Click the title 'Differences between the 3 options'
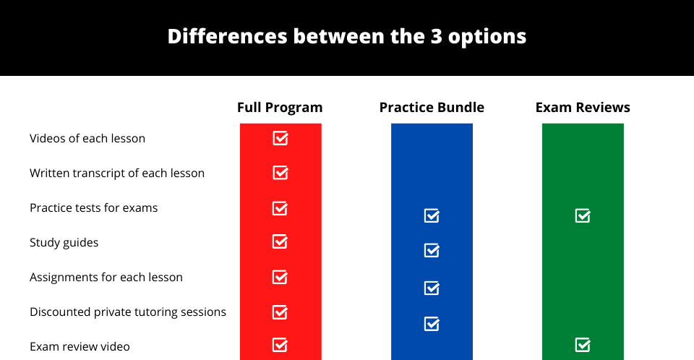click(x=347, y=36)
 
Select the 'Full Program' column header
click(x=280, y=108)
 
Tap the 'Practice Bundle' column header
click(x=432, y=107)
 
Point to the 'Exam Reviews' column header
click(x=583, y=107)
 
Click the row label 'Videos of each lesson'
click(x=87, y=138)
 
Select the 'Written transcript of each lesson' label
click(x=117, y=173)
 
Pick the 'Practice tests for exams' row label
click(x=93, y=207)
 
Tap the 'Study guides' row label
click(x=64, y=243)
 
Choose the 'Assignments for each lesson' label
click(x=106, y=277)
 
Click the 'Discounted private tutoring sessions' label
click(x=127, y=312)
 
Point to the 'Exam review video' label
click(x=80, y=346)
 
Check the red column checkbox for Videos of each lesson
click(x=280, y=138)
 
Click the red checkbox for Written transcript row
click(x=280, y=172)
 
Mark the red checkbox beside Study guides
click(x=280, y=241)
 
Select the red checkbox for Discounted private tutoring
click(x=280, y=312)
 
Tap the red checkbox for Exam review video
click(x=280, y=345)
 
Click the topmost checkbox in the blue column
click(x=432, y=215)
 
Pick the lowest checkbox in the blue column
click(x=432, y=324)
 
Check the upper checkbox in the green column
click(x=583, y=215)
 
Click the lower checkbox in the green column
click(x=583, y=345)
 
